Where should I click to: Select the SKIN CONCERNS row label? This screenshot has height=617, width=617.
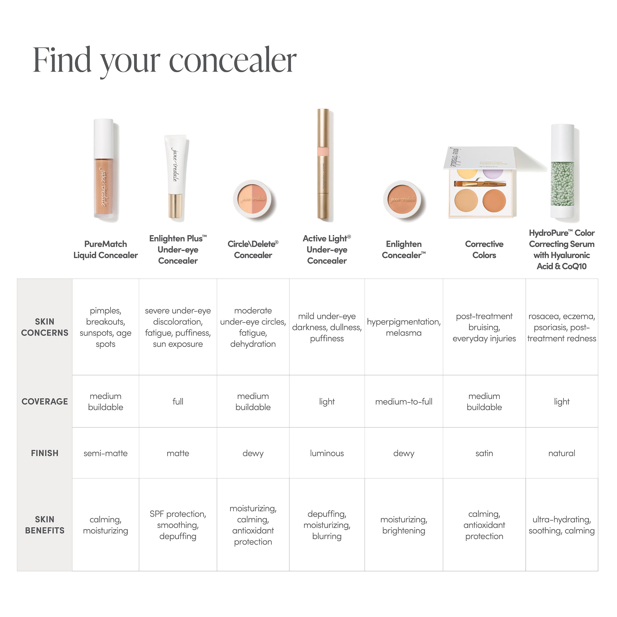(45, 327)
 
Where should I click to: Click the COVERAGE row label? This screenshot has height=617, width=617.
(45, 402)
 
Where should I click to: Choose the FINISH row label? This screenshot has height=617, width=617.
(45, 453)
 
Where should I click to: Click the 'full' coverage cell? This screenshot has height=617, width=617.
(178, 402)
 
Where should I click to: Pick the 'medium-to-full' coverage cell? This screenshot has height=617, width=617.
(404, 402)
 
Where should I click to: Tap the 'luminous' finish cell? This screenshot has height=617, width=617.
(327, 453)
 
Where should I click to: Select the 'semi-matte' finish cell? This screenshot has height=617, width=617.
(105, 453)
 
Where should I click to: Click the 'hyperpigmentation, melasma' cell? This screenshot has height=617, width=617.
(404, 327)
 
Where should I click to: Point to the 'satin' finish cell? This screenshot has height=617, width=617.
(484, 453)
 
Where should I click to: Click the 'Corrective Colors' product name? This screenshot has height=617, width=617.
(484, 250)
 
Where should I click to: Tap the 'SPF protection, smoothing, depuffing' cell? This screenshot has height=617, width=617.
(178, 525)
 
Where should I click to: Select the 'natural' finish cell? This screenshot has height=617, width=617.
(561, 453)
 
